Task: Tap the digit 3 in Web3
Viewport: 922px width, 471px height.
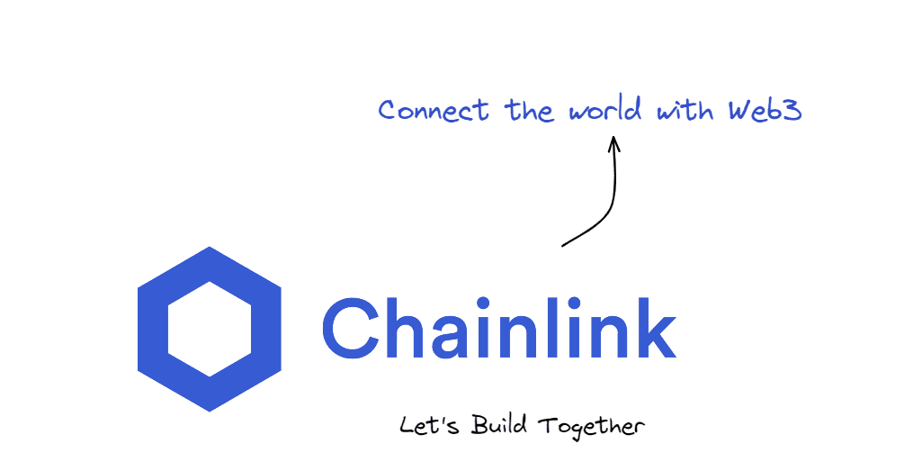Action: (792, 112)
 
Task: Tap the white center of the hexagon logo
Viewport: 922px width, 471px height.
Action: (210, 329)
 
